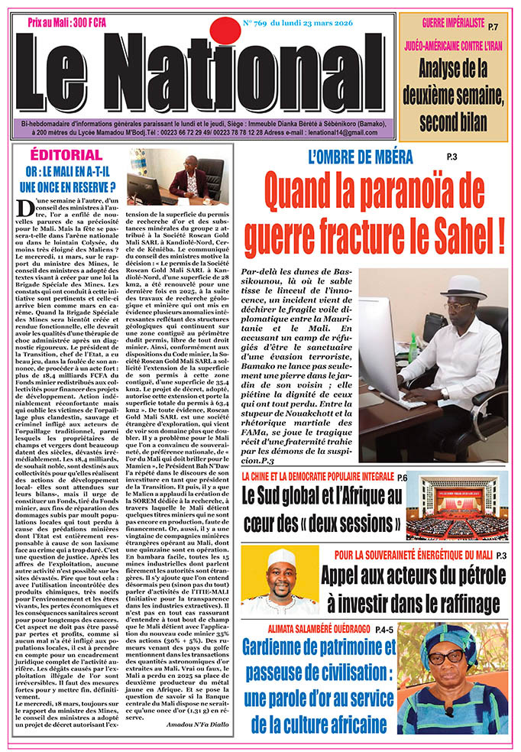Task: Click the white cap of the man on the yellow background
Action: [282, 557]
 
